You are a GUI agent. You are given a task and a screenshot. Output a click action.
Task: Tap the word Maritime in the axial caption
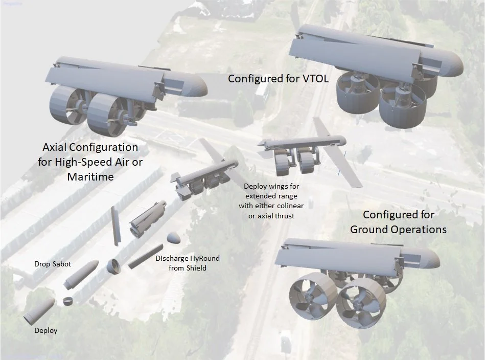point(90,177)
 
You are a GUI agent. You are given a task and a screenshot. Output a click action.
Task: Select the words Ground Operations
point(398,229)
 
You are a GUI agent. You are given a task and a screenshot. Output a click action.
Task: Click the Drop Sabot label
point(53,264)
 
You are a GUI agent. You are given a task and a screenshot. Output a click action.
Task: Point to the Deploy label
point(45,330)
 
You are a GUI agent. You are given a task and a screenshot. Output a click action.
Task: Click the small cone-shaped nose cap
point(174,238)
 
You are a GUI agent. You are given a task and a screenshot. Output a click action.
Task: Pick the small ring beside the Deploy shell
point(68,301)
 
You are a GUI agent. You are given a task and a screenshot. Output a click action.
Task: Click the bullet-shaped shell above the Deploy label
point(38,310)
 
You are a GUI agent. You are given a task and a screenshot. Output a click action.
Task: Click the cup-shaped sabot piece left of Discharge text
point(113,266)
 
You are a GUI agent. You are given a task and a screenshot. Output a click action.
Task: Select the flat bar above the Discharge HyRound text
point(145,256)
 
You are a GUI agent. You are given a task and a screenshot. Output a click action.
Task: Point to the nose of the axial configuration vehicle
point(197,87)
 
